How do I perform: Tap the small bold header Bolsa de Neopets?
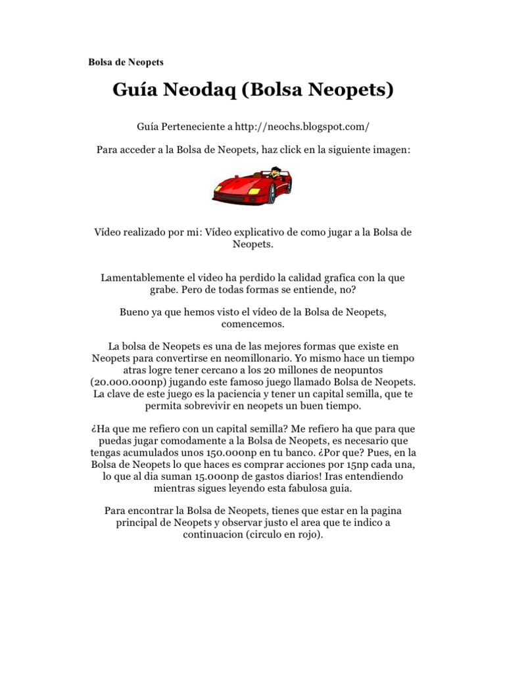[126, 62]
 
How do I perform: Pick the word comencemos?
[252, 325]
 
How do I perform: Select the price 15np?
[349, 465]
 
